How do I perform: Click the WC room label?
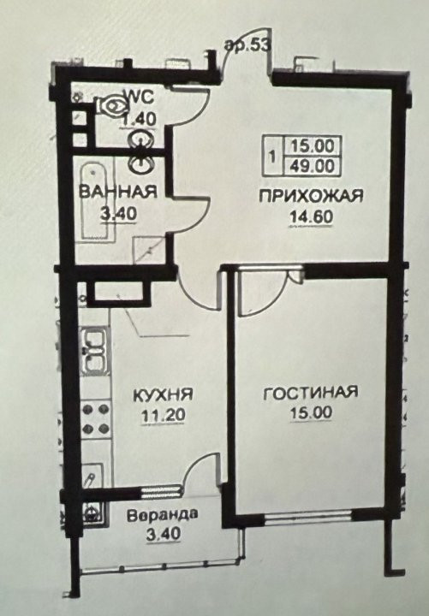coord(139,97)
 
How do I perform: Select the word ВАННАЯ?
coord(118,192)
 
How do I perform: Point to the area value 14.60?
coord(311,216)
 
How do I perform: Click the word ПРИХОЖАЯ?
coord(311,196)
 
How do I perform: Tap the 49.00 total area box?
coord(313,165)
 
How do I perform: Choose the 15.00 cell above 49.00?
coord(313,146)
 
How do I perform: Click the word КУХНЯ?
coord(164,394)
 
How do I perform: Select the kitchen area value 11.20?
coord(164,415)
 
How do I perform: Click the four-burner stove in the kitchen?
coord(96,418)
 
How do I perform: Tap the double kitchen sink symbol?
coord(93,351)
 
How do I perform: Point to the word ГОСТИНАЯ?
coord(310,393)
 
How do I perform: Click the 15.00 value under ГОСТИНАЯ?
coord(311,412)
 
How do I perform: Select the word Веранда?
coord(163,515)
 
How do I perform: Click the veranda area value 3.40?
coord(164,534)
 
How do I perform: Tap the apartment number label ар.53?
coord(248,45)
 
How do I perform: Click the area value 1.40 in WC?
coord(140,118)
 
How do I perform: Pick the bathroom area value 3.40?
coord(118,214)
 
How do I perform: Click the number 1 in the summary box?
coord(272,156)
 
